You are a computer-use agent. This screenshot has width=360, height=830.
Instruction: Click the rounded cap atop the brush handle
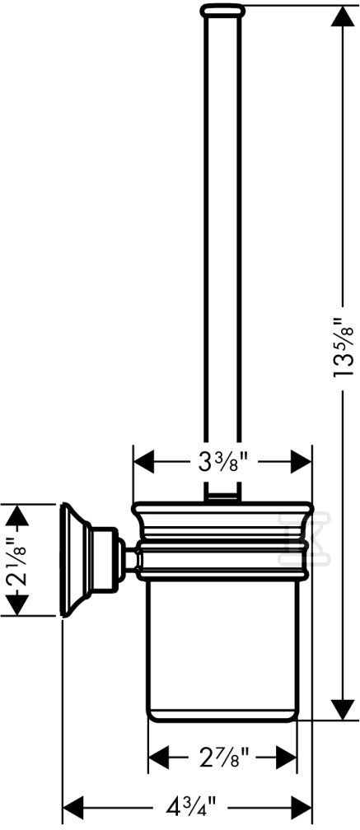222,9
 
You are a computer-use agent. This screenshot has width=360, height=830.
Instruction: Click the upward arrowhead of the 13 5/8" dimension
343,18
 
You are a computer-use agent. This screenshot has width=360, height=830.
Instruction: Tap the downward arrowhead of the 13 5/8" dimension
343,708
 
